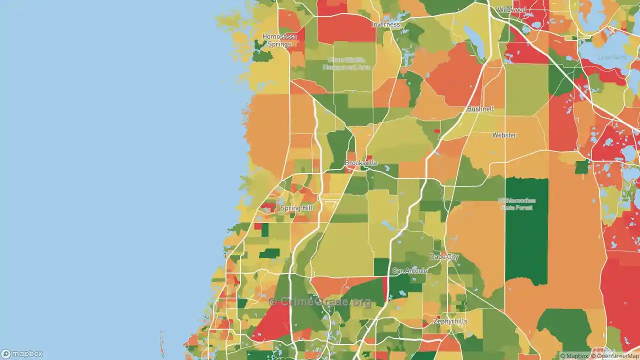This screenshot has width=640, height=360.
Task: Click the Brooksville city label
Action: pos(360,163)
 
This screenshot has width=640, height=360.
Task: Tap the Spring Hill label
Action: pos(297,208)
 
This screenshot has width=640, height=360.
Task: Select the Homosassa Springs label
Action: pos(279,40)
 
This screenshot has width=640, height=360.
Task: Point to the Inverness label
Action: pos(385,24)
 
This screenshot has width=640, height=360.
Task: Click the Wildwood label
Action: pos(511,9)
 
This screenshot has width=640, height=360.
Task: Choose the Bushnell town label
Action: pos(480,109)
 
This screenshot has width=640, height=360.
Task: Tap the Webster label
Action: pos(504,135)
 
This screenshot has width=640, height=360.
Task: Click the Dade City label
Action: pos(444,256)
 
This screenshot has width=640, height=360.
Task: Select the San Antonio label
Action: pos(409,270)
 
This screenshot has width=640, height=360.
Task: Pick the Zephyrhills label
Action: pos(450,321)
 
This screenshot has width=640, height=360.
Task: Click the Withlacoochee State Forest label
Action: pos(516,203)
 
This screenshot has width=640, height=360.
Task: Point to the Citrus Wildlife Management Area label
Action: pos(346,63)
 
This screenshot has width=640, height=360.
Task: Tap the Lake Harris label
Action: pos(612,57)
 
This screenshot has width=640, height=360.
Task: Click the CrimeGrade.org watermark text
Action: pos(320,301)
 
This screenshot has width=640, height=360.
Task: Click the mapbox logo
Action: pos(22,353)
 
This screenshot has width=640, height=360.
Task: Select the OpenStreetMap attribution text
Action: pos(614,356)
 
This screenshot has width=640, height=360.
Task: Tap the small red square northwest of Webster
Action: pos(437,131)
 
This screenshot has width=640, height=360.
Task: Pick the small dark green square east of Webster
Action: pos(581,167)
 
